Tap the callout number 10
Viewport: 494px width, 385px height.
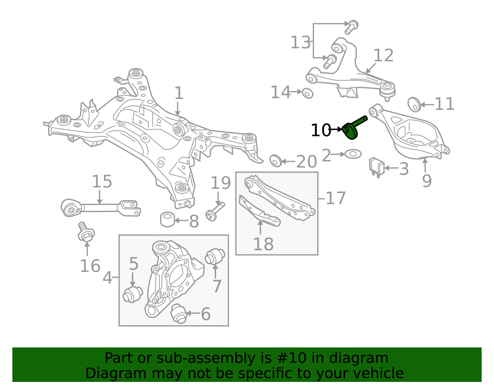[320, 130]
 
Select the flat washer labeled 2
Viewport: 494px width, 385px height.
[353, 154]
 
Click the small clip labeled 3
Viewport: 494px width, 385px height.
[377, 167]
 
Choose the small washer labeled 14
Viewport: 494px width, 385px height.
[308, 93]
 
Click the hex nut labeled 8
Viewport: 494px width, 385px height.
[167, 219]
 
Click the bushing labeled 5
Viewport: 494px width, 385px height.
[132, 294]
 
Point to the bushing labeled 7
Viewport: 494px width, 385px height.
[215, 256]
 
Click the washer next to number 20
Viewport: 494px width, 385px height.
[276, 161]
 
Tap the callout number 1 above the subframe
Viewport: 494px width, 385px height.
[179, 93]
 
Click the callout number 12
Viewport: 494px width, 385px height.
[383, 56]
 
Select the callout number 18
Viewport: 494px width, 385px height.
[263, 244]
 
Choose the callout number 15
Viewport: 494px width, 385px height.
[102, 182]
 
